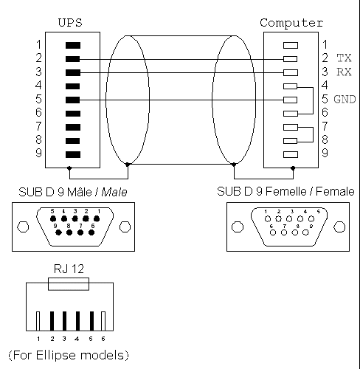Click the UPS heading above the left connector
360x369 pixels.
coord(70,23)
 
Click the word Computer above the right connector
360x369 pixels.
coord(291,23)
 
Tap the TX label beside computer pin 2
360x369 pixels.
coord(344,58)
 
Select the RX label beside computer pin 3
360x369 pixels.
coord(344,72)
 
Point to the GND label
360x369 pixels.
coord(345,99)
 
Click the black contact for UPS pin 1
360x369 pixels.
coord(73,45)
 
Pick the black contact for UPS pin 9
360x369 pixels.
coord(73,154)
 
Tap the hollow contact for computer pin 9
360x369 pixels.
coord(291,154)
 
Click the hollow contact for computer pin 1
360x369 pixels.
coord(291,45)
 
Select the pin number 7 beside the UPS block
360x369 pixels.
coord(38,126)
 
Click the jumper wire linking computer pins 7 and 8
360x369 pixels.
coord(313,134)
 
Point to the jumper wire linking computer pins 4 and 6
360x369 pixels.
coord(313,100)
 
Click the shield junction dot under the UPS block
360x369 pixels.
coord(69,168)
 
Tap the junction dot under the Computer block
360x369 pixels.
coord(293,168)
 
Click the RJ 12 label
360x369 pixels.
coord(69,269)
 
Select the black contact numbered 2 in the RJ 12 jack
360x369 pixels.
coord(52,321)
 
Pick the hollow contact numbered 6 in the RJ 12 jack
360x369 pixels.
coord(103,321)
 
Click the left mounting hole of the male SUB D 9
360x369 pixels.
coord(23,227)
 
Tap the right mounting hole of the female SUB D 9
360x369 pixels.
coord(339,227)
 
